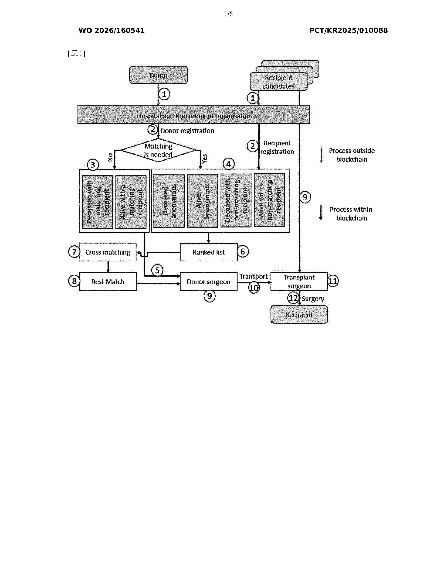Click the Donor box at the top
(158, 75)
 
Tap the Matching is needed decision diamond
(158, 150)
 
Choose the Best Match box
(108, 281)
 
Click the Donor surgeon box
(209, 281)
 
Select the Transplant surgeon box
(299, 281)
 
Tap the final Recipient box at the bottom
(299, 314)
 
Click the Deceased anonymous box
(169, 201)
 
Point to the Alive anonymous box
(203, 201)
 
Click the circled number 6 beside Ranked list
(243, 251)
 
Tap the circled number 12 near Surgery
(293, 298)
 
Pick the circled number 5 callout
(157, 270)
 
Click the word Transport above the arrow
(254, 276)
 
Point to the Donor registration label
(187, 131)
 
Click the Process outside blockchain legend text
(352, 155)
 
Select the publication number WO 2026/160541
(111, 30)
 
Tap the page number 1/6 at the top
(228, 14)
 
